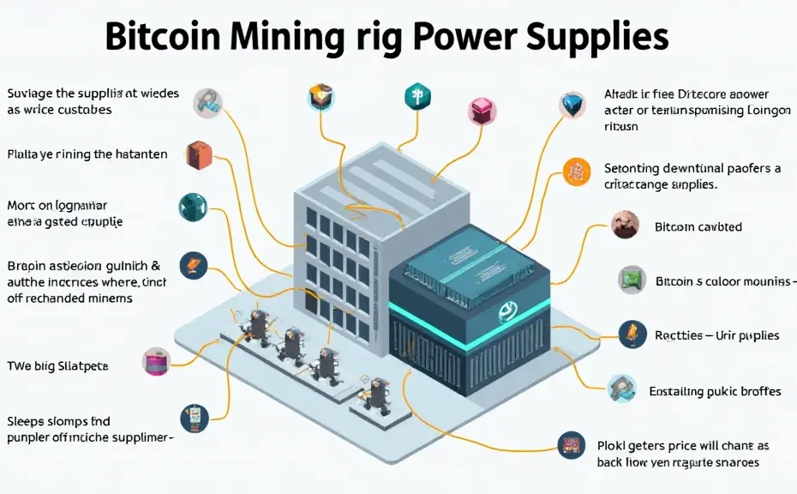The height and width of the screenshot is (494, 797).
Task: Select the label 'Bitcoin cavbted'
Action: (x=698, y=227)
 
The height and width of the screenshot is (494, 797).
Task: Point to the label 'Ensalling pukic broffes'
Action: (x=715, y=391)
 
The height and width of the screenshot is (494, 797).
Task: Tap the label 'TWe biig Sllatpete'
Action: (x=57, y=366)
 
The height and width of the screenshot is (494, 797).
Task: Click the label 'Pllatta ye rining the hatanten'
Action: (x=87, y=154)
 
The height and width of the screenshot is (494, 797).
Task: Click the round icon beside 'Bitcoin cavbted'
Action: (x=626, y=225)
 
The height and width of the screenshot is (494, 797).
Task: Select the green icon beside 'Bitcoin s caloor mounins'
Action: (x=632, y=279)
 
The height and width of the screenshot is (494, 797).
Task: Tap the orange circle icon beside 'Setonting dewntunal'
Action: (x=576, y=171)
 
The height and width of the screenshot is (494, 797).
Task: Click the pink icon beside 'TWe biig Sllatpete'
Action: (x=157, y=360)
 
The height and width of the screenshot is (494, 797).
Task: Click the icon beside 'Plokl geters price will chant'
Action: (x=569, y=444)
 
